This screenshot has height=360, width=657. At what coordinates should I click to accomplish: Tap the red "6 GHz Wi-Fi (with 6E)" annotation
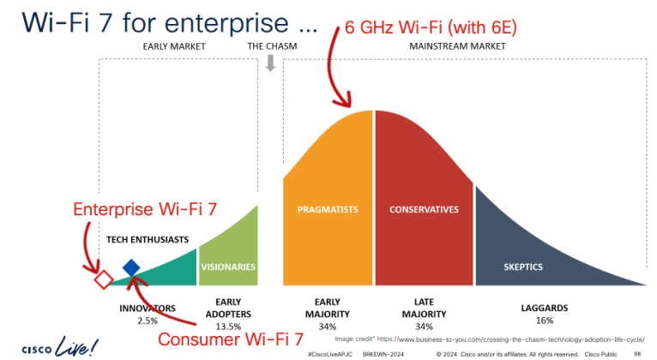pos(431,28)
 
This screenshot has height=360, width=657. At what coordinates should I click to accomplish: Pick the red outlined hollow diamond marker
pos(103,279)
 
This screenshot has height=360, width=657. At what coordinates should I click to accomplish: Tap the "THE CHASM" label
pos(271,46)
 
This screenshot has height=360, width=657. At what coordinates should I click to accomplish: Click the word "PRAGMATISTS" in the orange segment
pos(328,209)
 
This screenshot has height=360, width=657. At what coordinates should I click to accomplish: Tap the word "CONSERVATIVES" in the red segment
pos(424,209)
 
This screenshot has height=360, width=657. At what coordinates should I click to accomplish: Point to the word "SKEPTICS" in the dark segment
pos(523,267)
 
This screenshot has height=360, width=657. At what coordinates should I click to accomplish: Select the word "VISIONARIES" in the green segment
pos(228,267)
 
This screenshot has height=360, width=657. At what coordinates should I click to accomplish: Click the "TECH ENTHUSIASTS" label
pos(147,239)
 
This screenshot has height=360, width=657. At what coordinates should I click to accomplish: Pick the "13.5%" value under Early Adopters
pos(228,325)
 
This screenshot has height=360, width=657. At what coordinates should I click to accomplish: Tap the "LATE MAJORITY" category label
pos(424,308)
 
